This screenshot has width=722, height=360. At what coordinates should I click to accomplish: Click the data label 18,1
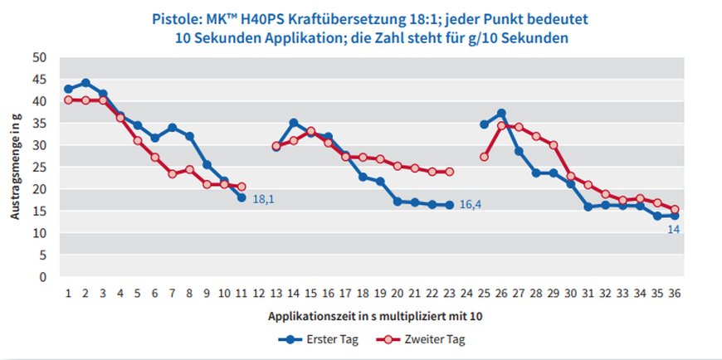point(264,200)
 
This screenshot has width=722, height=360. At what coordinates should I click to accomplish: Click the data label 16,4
point(472,205)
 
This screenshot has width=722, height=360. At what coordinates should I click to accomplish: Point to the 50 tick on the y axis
point(41,58)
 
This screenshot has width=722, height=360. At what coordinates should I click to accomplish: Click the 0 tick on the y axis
point(44,276)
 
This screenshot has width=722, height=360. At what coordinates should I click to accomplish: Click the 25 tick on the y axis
point(41,168)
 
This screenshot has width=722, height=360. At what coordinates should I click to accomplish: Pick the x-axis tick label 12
point(259,293)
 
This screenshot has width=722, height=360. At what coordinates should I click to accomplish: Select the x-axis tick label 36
point(676,293)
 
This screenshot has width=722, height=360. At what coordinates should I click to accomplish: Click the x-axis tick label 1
point(68,293)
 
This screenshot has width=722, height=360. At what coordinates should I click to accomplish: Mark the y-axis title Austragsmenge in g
point(16,166)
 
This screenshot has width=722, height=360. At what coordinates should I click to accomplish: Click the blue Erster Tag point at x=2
point(85,83)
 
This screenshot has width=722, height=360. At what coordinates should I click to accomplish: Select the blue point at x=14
point(294,123)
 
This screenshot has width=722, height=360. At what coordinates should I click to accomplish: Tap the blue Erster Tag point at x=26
point(502,113)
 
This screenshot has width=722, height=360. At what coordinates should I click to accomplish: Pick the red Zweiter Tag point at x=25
point(485,157)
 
